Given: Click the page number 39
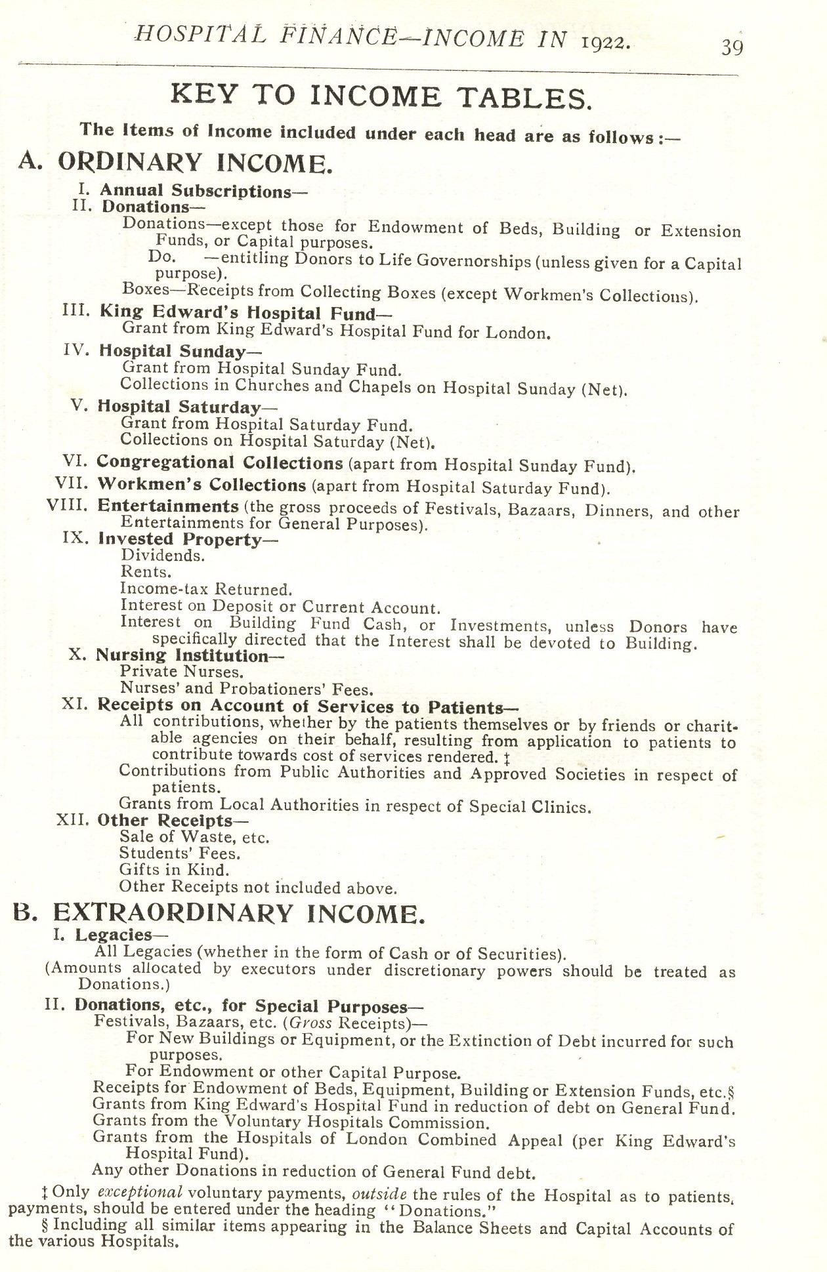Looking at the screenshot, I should [732, 48].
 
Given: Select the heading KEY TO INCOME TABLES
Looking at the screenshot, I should [381, 97].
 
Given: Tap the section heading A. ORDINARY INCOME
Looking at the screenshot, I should [174, 162].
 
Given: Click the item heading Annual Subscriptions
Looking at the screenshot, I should [195, 191].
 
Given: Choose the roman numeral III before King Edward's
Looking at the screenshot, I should [75, 310].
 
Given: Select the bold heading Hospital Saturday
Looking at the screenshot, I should [179, 407].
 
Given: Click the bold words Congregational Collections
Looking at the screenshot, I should [220, 462].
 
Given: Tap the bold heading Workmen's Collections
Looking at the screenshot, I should [201, 485].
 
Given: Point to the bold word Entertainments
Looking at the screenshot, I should [168, 506].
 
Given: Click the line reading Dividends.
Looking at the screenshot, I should [163, 556].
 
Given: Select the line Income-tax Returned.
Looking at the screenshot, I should [206, 589].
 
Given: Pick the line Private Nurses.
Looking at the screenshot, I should [182, 672].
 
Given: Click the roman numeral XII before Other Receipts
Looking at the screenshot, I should [74, 820].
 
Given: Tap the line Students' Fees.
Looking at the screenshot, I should [180, 853].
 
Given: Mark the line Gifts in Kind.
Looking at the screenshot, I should [174, 871].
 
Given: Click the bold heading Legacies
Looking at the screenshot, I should [112, 934].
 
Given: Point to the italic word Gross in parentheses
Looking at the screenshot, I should [309, 1023].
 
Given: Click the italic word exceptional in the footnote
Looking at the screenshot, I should [139, 1193].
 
